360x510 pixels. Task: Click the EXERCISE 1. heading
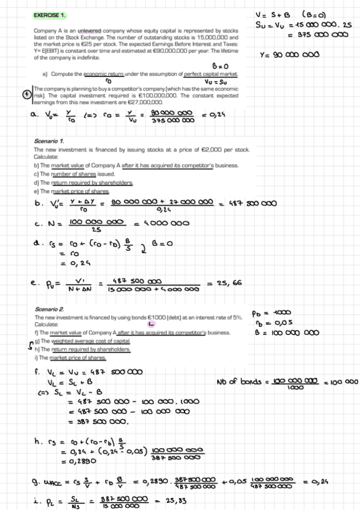pos(50,13)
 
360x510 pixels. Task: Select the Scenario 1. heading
pos(47,142)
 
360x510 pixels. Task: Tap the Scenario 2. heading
pos(48,310)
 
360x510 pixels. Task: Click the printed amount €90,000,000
pos(172,52)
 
